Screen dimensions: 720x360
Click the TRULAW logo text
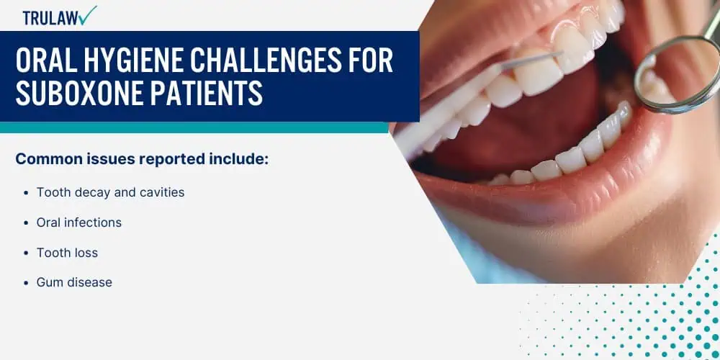(x=50, y=18)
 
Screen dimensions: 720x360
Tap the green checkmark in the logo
(x=87, y=15)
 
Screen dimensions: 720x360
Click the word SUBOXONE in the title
(x=76, y=93)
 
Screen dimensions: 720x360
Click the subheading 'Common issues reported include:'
(x=142, y=159)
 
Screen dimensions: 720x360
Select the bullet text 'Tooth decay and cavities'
(x=111, y=192)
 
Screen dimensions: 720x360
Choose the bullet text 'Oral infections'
(x=79, y=222)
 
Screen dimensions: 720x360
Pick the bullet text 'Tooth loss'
(x=67, y=253)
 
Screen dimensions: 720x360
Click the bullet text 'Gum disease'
(x=74, y=282)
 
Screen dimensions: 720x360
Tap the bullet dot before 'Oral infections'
(x=26, y=223)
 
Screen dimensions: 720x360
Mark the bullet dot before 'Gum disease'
(x=26, y=283)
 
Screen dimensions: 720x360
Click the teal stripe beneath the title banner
(x=194, y=127)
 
